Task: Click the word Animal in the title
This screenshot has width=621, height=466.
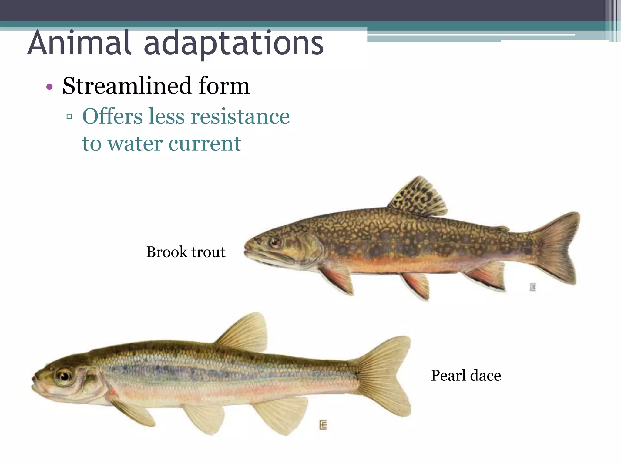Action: [x=79, y=43]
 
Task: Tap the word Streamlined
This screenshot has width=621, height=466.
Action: [x=127, y=86]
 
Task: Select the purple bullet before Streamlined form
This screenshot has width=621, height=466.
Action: [x=49, y=87]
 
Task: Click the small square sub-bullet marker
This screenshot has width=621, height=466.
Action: [x=69, y=116]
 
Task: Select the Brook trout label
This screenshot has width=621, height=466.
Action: [x=186, y=252]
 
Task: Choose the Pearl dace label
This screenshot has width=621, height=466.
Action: [x=466, y=375]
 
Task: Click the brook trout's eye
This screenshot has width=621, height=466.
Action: [x=275, y=242]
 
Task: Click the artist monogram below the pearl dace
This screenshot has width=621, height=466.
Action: [x=323, y=425]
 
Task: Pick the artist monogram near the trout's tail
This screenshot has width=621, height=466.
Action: [x=533, y=287]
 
